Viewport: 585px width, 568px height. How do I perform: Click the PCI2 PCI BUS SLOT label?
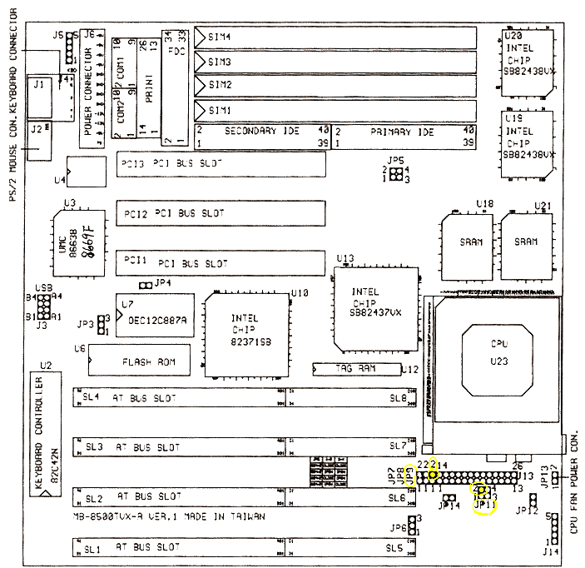click(175, 214)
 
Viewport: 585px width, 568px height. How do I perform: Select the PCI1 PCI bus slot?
click(221, 262)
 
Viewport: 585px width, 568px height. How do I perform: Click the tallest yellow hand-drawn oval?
click(410, 476)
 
